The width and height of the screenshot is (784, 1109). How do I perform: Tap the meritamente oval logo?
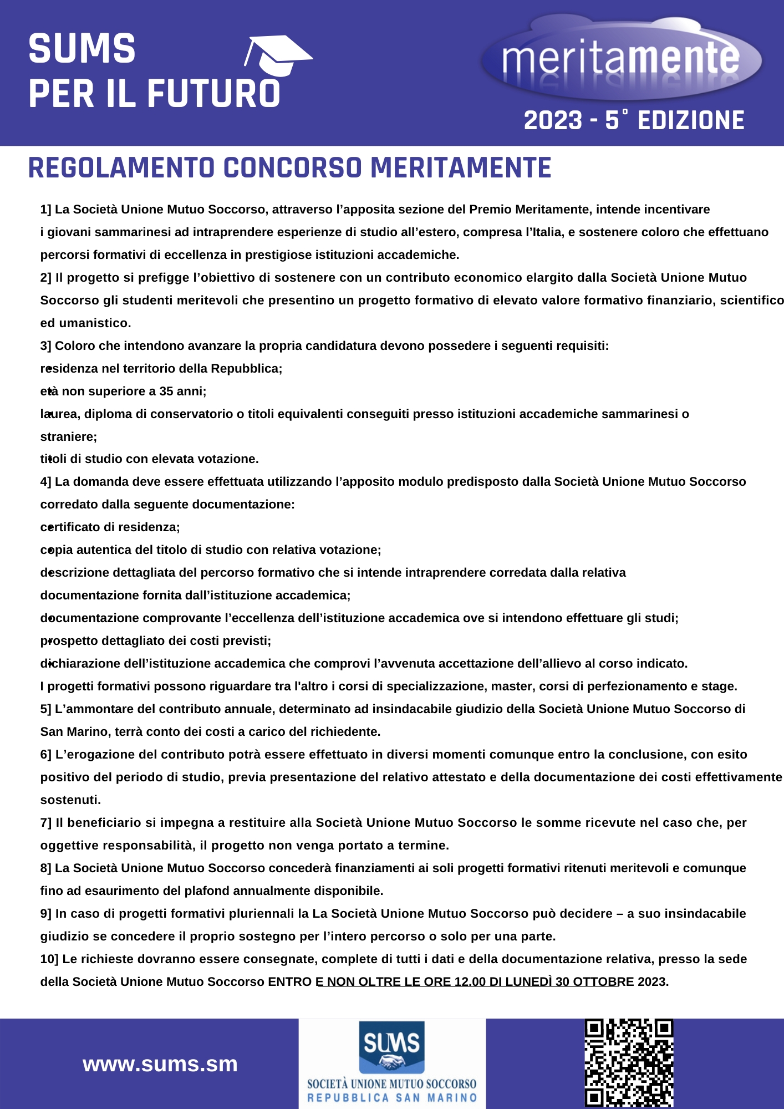pyautogui.click(x=621, y=58)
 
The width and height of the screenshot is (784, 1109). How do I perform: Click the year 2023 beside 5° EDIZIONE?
pyautogui.click(x=553, y=121)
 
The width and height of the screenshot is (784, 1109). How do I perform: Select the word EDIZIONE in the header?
pyautogui.click(x=691, y=121)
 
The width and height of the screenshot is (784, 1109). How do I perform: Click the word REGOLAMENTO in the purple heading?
pyautogui.click(x=121, y=168)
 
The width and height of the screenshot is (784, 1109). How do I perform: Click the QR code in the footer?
pyautogui.click(x=629, y=1062)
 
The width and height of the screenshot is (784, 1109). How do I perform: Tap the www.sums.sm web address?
pyautogui.click(x=160, y=1064)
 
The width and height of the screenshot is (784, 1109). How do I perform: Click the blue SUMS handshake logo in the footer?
pyautogui.click(x=391, y=1047)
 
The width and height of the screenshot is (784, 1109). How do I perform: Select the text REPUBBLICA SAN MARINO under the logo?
pyautogui.click(x=392, y=1098)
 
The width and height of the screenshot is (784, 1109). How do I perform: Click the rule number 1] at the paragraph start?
pyautogui.click(x=45, y=210)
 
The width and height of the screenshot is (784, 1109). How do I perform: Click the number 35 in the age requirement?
pyautogui.click(x=166, y=391)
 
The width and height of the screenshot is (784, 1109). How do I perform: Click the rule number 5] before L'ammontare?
pyautogui.click(x=45, y=709)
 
